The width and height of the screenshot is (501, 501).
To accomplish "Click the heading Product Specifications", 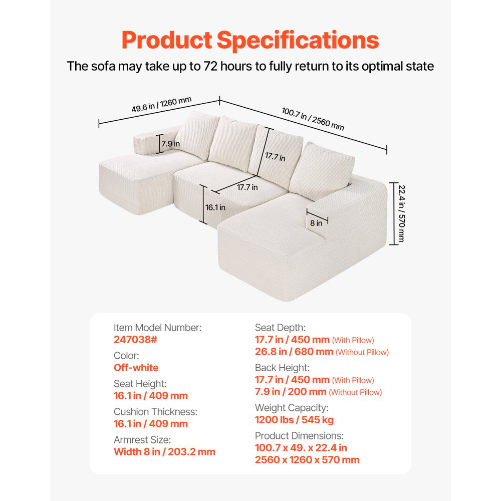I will point(250,40).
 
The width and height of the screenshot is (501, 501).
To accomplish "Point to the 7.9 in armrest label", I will point(171,144).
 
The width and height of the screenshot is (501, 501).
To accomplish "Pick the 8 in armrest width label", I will point(316,223).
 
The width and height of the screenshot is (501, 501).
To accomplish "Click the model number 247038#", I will point(135,340).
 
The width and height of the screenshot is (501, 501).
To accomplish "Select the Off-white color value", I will point(136,368).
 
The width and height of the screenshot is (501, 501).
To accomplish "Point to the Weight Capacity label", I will point(292,408).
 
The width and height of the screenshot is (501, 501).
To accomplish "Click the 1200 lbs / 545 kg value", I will point(294,420).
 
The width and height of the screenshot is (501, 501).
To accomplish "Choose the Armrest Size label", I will point(143,440).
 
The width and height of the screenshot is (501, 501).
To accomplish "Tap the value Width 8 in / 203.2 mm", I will point(165,452).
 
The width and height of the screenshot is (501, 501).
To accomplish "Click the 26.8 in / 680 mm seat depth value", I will point(294,352).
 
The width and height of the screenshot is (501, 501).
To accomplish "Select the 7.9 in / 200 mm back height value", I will point(291,392).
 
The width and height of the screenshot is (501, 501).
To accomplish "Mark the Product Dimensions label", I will point(299,436).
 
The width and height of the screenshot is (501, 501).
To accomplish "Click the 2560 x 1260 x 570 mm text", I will point(307,460).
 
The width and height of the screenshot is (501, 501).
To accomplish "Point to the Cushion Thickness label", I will point(156,412).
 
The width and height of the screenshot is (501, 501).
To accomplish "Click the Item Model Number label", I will point(158,328).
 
